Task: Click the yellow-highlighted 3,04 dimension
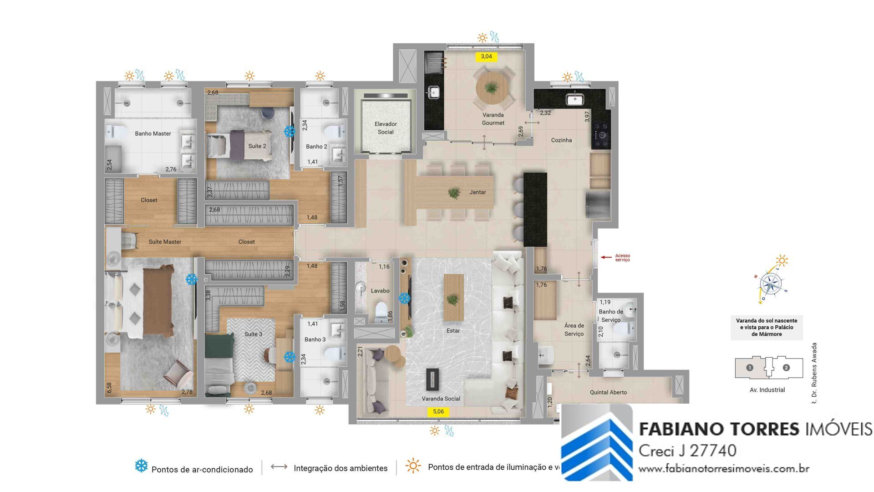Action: tap(486, 56)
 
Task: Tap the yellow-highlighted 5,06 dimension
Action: tap(438, 411)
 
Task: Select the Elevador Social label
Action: tap(385, 128)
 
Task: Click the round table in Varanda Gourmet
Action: tap(491, 88)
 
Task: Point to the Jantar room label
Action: tap(478, 192)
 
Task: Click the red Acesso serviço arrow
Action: tap(606, 257)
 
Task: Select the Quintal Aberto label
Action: tap(608, 392)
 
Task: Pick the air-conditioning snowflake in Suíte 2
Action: tap(289, 132)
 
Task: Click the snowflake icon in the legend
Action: tap(141, 466)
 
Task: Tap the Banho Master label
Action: tap(153, 133)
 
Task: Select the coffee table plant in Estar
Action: tap(452, 300)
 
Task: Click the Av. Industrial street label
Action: tap(767, 390)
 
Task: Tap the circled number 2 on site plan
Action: tap(786, 368)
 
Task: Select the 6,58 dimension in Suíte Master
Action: tap(109, 388)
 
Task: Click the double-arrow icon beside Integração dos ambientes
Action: tap(279, 466)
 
